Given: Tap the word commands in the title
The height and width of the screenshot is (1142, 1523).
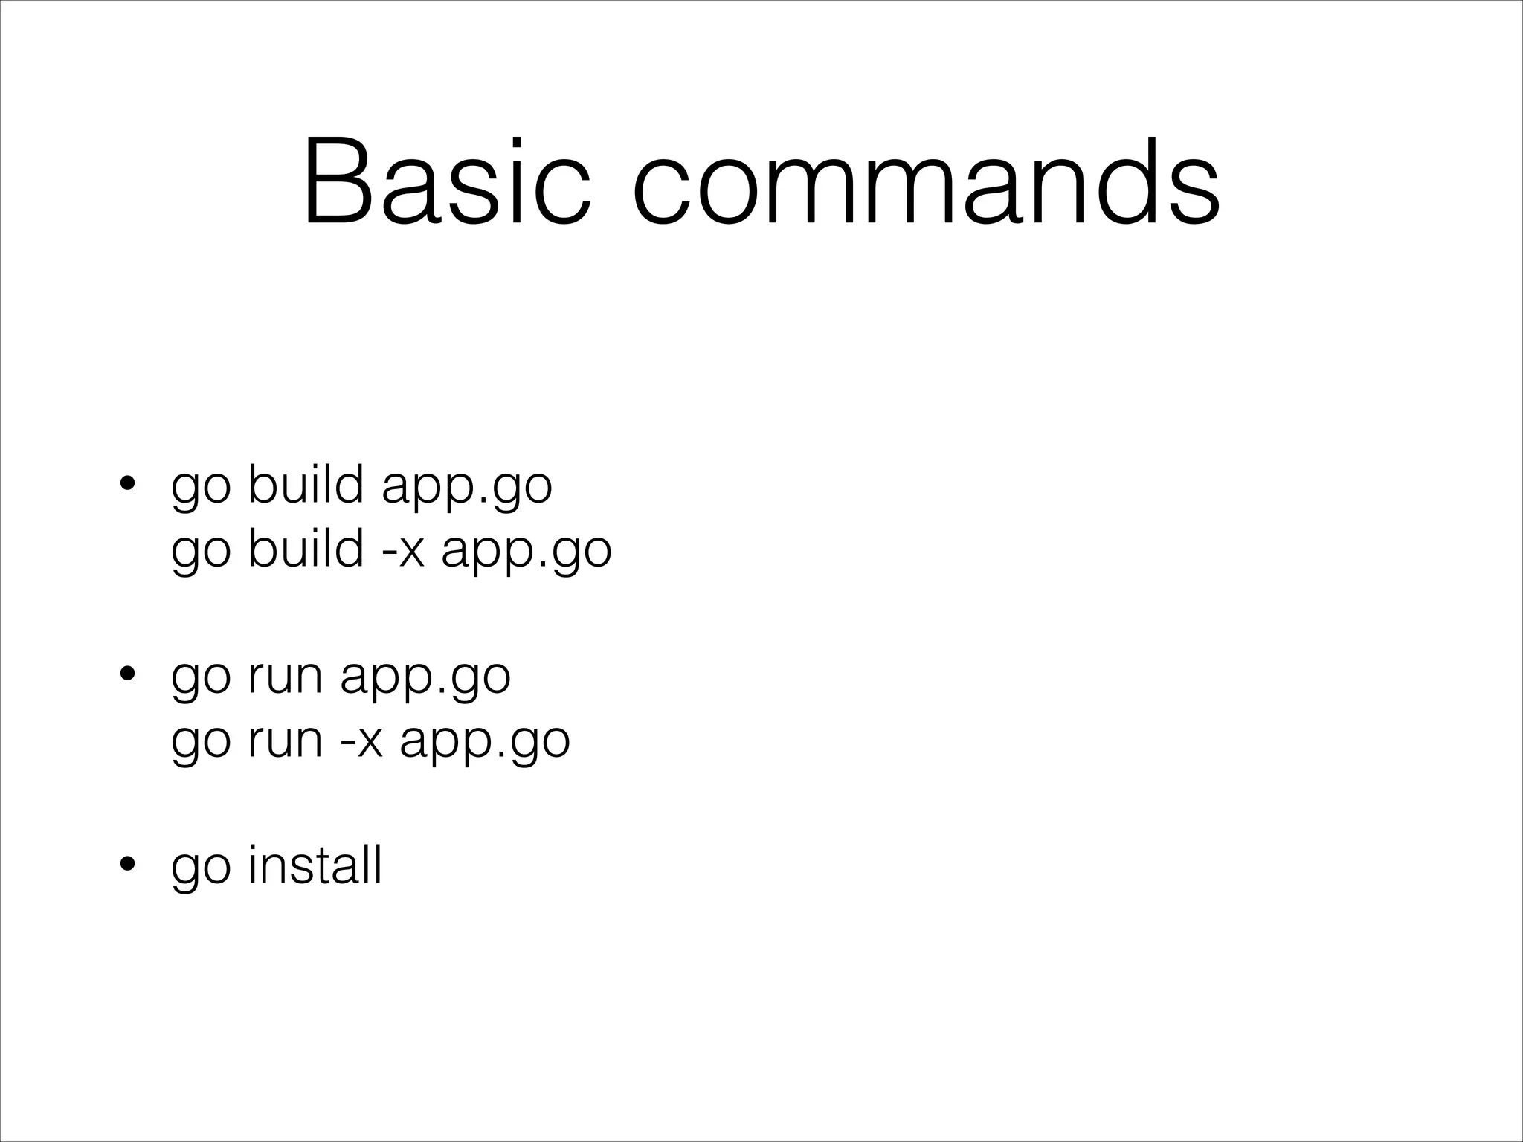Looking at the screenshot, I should tap(926, 181).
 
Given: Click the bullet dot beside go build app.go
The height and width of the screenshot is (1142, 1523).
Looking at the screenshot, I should tap(128, 485).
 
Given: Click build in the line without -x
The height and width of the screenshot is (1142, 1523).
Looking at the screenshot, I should tap(306, 485).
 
